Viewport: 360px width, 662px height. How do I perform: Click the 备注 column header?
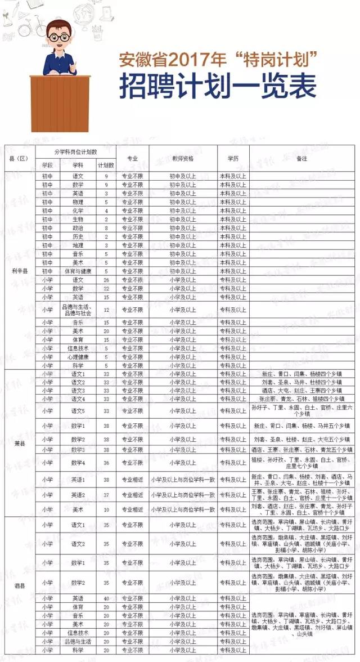302,159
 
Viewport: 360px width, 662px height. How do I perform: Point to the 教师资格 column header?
183,159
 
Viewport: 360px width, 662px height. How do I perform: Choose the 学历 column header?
233,159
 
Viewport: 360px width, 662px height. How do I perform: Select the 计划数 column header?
106,165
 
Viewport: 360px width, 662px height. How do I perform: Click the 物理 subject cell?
78,202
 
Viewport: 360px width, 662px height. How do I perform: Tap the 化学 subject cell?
78,211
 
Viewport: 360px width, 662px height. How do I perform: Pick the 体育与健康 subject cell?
78,271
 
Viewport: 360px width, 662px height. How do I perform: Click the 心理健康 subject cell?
78,357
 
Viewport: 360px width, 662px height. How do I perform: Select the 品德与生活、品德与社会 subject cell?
78,310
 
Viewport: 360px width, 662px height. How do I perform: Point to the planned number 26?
106,280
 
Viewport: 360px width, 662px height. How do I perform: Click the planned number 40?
106,598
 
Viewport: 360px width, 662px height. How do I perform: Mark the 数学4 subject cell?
78,463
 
